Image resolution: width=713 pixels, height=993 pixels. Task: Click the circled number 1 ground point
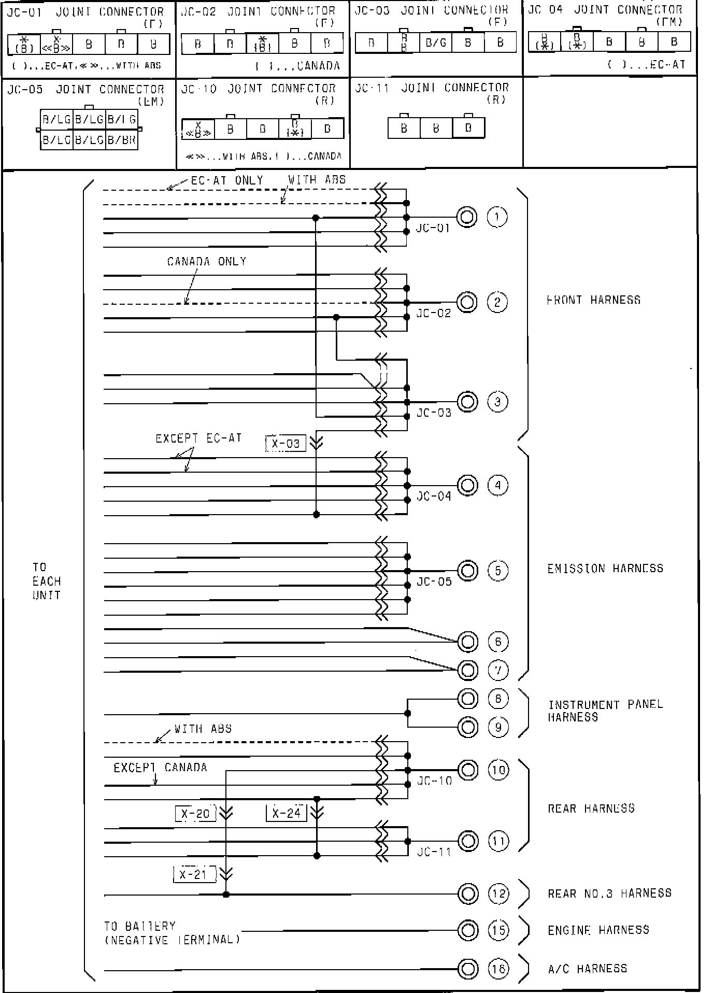[x=497, y=217]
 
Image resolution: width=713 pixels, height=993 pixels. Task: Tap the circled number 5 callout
[x=498, y=571]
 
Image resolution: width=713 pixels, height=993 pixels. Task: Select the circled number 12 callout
[x=498, y=893]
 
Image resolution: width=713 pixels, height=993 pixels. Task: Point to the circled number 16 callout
[x=498, y=968]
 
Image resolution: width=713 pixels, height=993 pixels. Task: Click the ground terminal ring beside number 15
[x=467, y=930]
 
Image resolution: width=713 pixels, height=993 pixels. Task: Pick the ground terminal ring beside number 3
[x=467, y=402]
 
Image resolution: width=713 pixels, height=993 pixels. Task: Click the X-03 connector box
[x=286, y=444]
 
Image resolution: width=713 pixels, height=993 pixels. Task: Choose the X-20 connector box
[x=195, y=814]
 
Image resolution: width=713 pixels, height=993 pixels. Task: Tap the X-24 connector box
[x=287, y=813]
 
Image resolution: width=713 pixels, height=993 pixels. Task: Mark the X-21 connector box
[x=193, y=874]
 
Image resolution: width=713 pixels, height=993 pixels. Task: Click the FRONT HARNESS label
[x=594, y=300]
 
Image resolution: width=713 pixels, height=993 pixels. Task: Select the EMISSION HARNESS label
[x=605, y=568]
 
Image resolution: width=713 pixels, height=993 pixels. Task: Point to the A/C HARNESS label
[x=588, y=968]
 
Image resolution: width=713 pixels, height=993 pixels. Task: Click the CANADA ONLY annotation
[x=206, y=261]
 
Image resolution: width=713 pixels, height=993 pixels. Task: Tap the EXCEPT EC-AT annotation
[x=198, y=438]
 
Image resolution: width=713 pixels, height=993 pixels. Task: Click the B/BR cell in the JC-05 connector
[x=122, y=140]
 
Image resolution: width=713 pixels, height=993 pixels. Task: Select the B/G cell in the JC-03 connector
[x=436, y=42]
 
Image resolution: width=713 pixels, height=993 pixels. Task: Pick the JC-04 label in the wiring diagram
[x=434, y=496]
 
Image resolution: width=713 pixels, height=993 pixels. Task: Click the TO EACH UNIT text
[x=47, y=581]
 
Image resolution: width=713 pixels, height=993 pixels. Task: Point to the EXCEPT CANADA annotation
[x=160, y=767]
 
